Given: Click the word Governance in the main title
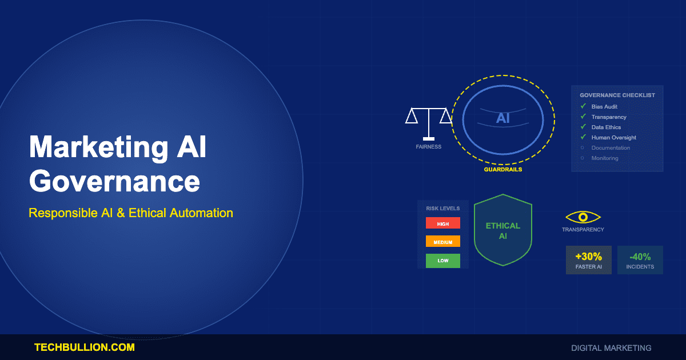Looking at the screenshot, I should pos(114,182).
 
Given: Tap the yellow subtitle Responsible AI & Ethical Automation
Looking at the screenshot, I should pos(131,213).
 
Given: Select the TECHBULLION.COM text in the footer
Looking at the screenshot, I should pos(85,347).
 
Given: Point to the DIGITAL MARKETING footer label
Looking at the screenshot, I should pos(611,348).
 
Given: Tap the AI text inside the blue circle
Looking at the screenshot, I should pos(503,118).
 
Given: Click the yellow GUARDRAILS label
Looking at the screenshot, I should pos(503,170).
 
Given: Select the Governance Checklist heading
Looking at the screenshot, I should pos(617,95).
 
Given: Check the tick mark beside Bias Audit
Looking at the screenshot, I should pos(583,106).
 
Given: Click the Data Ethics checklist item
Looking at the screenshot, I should pos(606,127).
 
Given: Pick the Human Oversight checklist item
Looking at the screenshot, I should pos(613,138).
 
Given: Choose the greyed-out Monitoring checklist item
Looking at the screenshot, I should pos(605,158).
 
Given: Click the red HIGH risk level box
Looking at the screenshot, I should pos(443,223).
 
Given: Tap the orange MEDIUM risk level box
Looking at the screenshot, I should pos(443,242).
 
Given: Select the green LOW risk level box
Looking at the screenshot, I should pos(443,261).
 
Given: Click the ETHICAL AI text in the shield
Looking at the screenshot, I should pos(503,230).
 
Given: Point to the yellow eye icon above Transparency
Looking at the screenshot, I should pos(583,217).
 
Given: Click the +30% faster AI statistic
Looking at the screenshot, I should pos(589,260).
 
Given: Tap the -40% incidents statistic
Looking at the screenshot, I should pos(640,260).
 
